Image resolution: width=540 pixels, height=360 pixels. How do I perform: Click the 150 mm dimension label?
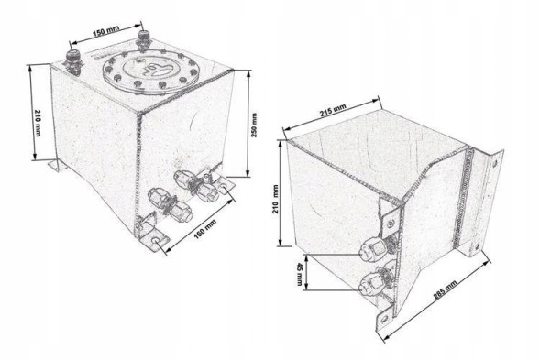pos(106,31)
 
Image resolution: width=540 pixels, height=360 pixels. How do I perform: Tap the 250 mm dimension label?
pos(254,125)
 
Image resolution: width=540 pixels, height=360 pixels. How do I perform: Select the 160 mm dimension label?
pos(205,228)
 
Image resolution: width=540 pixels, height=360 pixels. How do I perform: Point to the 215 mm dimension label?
pos(333,110)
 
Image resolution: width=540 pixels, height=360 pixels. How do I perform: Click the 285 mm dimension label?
pos(446,289)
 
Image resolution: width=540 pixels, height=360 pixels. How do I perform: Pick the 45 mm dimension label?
pos(299,274)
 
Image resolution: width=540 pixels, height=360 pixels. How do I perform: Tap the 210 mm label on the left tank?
pos(38,123)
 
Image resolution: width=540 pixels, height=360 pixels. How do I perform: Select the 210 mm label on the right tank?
pos(276,199)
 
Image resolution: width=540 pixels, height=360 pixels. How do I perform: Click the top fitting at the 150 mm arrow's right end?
pos(143,41)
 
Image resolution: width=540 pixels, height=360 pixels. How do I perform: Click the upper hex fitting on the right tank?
pos(372,249)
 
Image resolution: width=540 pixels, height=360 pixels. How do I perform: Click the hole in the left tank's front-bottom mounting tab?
pos(157,241)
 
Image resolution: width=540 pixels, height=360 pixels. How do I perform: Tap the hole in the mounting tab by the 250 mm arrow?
pos(225,187)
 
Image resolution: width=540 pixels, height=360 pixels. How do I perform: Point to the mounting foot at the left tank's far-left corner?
pos(57,166)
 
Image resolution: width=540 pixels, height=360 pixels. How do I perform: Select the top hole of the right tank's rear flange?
pos(495,164)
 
